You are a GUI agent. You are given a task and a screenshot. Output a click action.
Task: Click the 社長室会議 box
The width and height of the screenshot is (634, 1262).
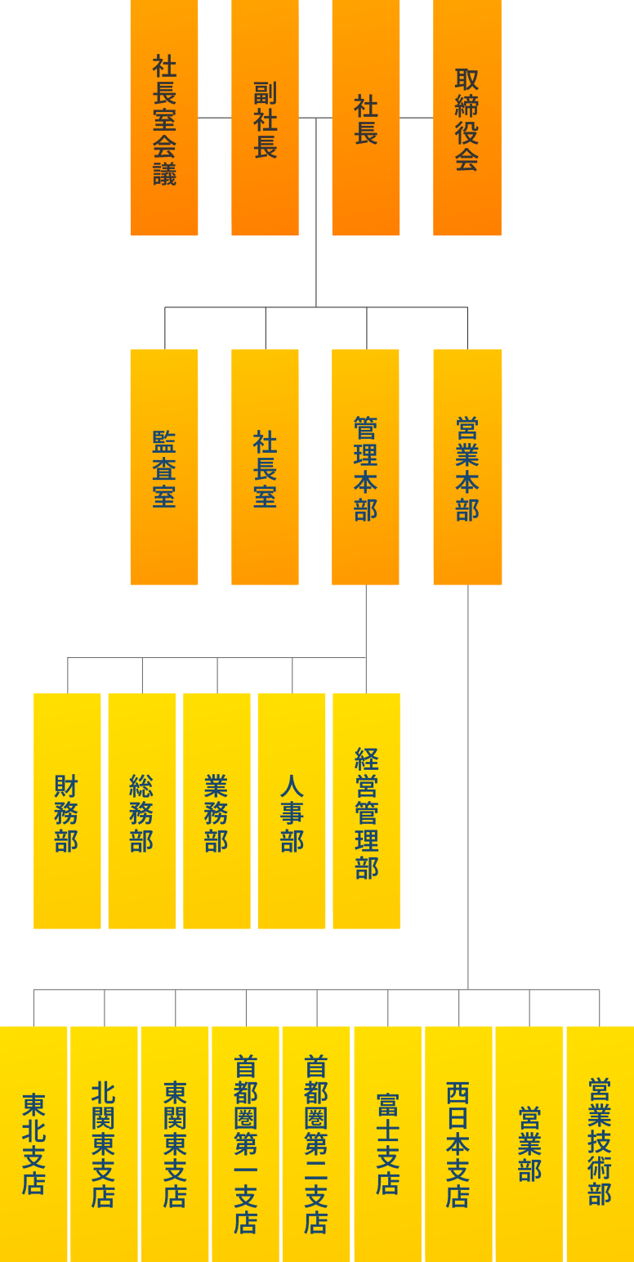(x=163, y=118)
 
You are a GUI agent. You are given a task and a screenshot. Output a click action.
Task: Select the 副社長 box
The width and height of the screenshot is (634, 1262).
(x=265, y=118)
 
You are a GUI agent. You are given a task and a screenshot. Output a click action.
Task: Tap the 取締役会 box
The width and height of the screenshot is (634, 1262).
(x=467, y=118)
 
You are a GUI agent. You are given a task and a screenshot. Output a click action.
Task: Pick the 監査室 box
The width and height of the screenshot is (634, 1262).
(x=163, y=467)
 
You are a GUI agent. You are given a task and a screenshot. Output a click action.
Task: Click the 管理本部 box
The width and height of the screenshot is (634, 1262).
(x=365, y=467)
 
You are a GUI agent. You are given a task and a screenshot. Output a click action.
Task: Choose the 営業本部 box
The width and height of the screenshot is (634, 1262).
(x=467, y=467)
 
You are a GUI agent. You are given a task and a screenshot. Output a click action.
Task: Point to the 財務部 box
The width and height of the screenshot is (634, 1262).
(x=67, y=811)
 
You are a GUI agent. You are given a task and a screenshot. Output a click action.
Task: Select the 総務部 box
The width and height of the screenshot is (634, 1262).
(x=141, y=811)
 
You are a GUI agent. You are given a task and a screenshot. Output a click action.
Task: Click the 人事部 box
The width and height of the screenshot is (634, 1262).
(x=292, y=811)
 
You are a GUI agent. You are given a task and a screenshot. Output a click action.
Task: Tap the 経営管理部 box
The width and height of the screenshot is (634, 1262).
(x=366, y=811)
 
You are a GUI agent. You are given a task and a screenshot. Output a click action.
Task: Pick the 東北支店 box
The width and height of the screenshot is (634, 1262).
(x=33, y=1143)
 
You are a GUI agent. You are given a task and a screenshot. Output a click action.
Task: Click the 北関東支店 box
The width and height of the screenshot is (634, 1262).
(x=104, y=1143)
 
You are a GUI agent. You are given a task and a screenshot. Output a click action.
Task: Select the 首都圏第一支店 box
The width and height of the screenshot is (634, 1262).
(x=245, y=1143)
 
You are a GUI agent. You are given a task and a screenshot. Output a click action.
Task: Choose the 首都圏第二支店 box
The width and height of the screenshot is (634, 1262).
(x=316, y=1143)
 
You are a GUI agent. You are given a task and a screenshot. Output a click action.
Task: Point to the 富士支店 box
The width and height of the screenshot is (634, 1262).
(x=387, y=1143)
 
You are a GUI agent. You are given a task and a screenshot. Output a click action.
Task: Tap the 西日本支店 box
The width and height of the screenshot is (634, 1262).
(x=458, y=1143)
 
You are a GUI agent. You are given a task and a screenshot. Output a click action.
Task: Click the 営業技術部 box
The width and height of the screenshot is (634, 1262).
(x=600, y=1143)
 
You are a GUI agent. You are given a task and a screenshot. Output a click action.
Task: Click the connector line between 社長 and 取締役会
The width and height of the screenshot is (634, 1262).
(x=417, y=118)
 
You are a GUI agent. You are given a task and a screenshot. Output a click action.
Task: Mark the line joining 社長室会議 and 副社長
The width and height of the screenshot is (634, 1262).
(x=215, y=118)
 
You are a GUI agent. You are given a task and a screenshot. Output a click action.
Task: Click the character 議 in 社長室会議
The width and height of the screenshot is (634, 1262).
(x=164, y=174)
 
